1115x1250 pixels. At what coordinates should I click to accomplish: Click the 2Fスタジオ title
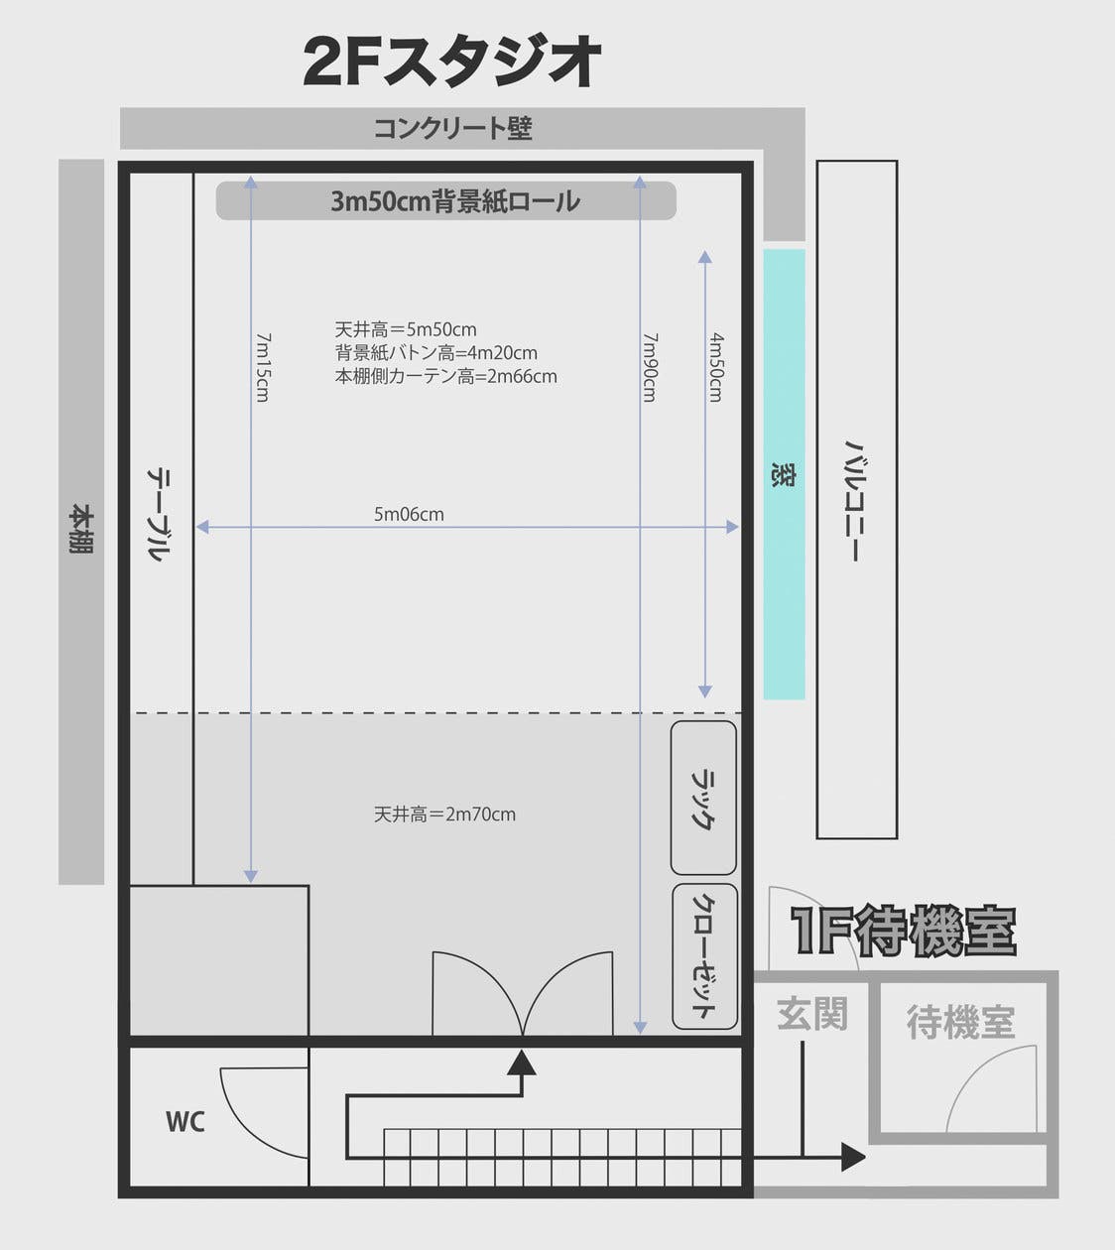(452, 62)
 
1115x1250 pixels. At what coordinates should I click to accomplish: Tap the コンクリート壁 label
(453, 128)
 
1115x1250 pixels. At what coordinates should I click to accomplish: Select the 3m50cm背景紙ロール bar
(446, 201)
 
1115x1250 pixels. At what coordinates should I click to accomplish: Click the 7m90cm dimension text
(650, 366)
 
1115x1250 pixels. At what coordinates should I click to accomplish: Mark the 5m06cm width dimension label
(409, 514)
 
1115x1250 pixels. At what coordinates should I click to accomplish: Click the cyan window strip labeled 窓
(784, 474)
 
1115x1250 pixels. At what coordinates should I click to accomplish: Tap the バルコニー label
(855, 501)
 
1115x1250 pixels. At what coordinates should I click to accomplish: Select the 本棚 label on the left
(81, 529)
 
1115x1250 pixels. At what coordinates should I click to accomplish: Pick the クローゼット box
(704, 956)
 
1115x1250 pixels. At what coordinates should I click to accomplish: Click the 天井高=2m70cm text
(444, 814)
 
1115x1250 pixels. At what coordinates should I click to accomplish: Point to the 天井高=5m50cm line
(406, 329)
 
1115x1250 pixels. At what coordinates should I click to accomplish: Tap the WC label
(185, 1122)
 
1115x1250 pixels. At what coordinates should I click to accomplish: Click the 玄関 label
(811, 1014)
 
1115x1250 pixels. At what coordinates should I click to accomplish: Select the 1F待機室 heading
(903, 931)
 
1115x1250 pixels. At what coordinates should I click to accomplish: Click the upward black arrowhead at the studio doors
(522, 1063)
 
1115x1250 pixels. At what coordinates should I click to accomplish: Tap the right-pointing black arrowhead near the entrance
(852, 1156)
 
